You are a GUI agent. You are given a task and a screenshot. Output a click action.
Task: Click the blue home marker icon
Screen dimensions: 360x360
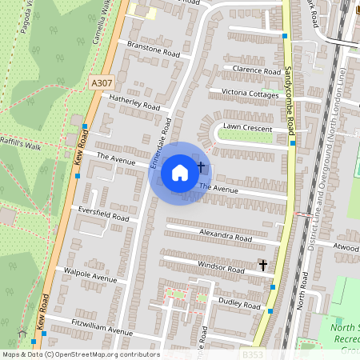coord(180,172)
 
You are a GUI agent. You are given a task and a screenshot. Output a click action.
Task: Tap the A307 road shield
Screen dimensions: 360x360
coord(102,83)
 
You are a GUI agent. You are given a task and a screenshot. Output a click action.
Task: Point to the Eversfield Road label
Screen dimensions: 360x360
coord(104,217)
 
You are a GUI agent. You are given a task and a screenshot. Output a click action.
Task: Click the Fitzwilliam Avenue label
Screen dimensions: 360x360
coord(102,330)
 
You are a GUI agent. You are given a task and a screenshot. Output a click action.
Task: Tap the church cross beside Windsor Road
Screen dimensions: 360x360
coord(262,265)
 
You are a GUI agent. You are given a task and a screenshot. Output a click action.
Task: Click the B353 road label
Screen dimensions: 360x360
coord(254,354)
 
